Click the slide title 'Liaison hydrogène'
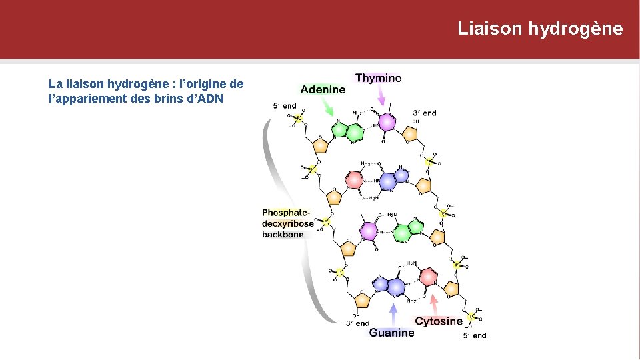540,29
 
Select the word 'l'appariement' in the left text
80,99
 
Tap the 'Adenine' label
323,89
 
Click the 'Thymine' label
379,78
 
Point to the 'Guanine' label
391,333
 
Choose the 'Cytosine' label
439,321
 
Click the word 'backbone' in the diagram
283,234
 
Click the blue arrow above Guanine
393,313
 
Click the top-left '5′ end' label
285,105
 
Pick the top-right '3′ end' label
425,113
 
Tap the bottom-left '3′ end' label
357,323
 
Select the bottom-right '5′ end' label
475,335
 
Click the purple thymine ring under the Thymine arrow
386,123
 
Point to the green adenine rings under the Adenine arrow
349,129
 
